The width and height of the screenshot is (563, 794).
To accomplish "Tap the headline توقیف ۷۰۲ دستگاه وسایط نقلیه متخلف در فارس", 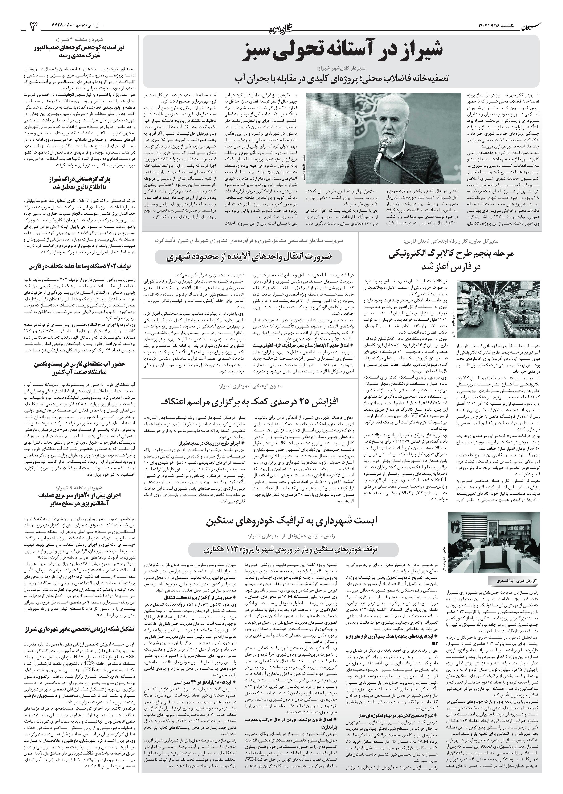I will (x=76, y=266).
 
